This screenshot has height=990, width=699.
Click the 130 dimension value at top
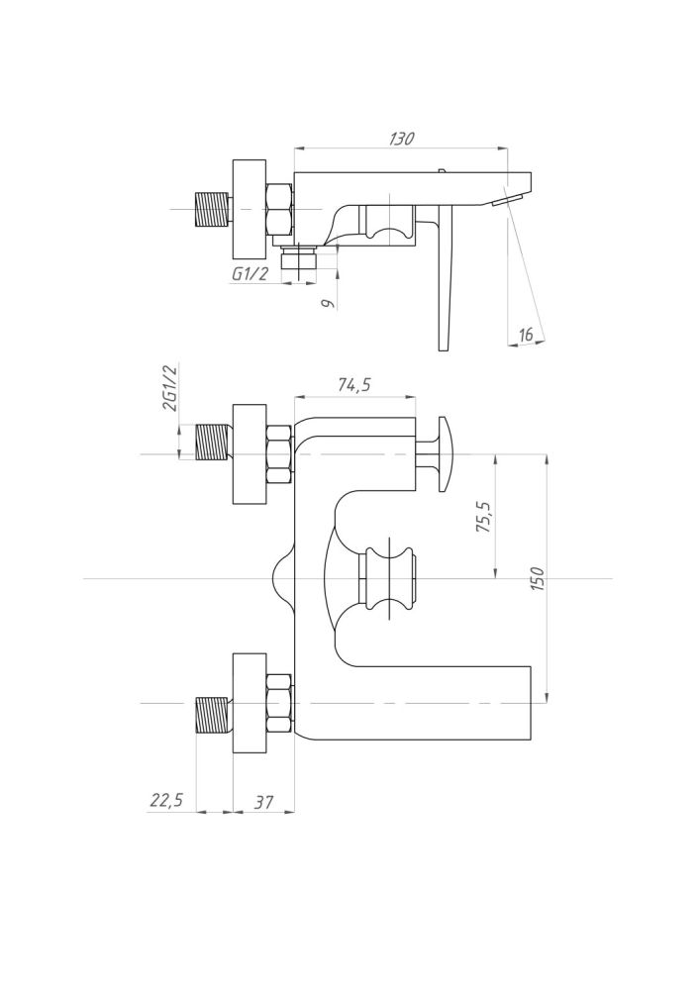[402, 139]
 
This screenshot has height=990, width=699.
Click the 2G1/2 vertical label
[170, 388]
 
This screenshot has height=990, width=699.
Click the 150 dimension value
[538, 578]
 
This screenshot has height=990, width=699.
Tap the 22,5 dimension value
[166, 800]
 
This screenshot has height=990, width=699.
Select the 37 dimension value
[264, 802]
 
